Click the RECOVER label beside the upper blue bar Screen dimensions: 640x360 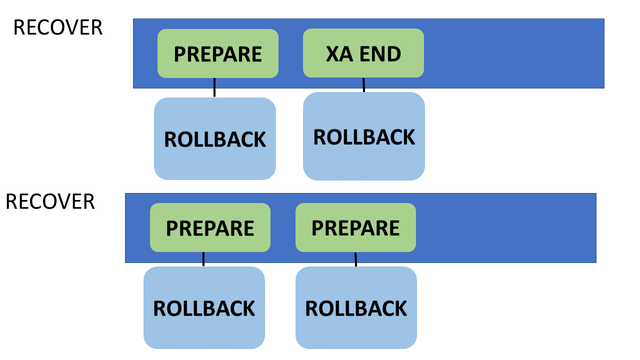point(58,27)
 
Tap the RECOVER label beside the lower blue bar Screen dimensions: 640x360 point(50,201)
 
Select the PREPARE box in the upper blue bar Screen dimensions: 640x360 point(218,53)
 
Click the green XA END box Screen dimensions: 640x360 point(363,53)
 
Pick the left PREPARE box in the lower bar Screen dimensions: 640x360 point(210,227)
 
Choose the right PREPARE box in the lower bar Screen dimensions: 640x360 point(355,227)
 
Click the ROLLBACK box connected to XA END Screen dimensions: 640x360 point(364,136)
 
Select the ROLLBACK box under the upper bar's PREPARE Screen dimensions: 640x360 point(215,139)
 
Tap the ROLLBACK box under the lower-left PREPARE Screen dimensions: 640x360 point(204,307)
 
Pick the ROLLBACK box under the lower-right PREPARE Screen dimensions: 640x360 point(356,307)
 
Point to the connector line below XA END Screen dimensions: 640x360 point(363,85)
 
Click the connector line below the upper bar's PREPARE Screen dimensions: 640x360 point(214,87)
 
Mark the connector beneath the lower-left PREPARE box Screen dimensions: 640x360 point(203,259)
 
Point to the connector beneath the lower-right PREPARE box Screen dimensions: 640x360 point(355,259)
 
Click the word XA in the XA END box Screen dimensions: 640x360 point(339,54)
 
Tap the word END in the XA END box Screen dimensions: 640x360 point(380,54)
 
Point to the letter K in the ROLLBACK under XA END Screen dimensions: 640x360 point(406,137)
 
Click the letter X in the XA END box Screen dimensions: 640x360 point(333,54)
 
